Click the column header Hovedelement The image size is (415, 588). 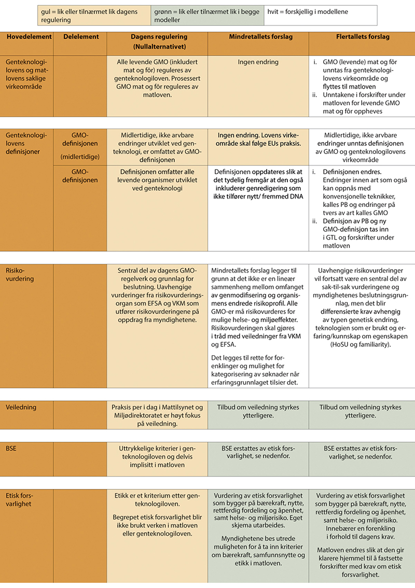[x=29, y=37]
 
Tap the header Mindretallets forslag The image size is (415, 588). [x=258, y=37]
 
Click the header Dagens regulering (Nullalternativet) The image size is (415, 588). [x=158, y=41]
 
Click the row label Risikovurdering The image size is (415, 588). [x=20, y=274]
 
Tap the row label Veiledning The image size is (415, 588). [x=21, y=407]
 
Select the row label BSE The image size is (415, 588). [x=11, y=447]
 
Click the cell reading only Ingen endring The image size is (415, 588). [x=258, y=61]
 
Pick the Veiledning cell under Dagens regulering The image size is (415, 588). [x=158, y=415]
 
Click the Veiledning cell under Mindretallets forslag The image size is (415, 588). [x=258, y=412]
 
